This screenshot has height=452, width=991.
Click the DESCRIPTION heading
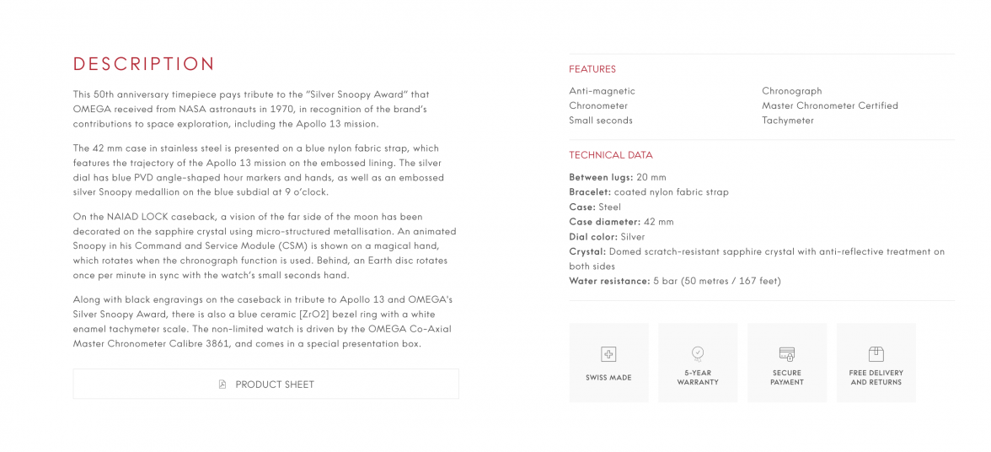(x=144, y=64)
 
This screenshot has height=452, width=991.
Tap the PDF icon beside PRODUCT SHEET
(x=222, y=385)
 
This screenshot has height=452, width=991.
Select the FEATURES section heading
(x=592, y=69)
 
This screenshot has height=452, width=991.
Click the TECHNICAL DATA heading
(x=611, y=155)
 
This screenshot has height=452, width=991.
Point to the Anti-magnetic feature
(x=602, y=91)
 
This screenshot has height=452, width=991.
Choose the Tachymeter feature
(x=788, y=121)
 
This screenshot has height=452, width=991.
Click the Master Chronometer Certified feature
(x=830, y=105)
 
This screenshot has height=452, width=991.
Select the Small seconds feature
(x=601, y=121)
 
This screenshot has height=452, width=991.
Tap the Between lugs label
(x=601, y=177)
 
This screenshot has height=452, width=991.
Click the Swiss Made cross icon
(x=608, y=354)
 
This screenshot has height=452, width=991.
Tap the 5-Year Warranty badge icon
(x=698, y=353)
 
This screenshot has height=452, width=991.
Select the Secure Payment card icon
(x=787, y=353)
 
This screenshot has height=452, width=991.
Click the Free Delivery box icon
(x=876, y=353)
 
